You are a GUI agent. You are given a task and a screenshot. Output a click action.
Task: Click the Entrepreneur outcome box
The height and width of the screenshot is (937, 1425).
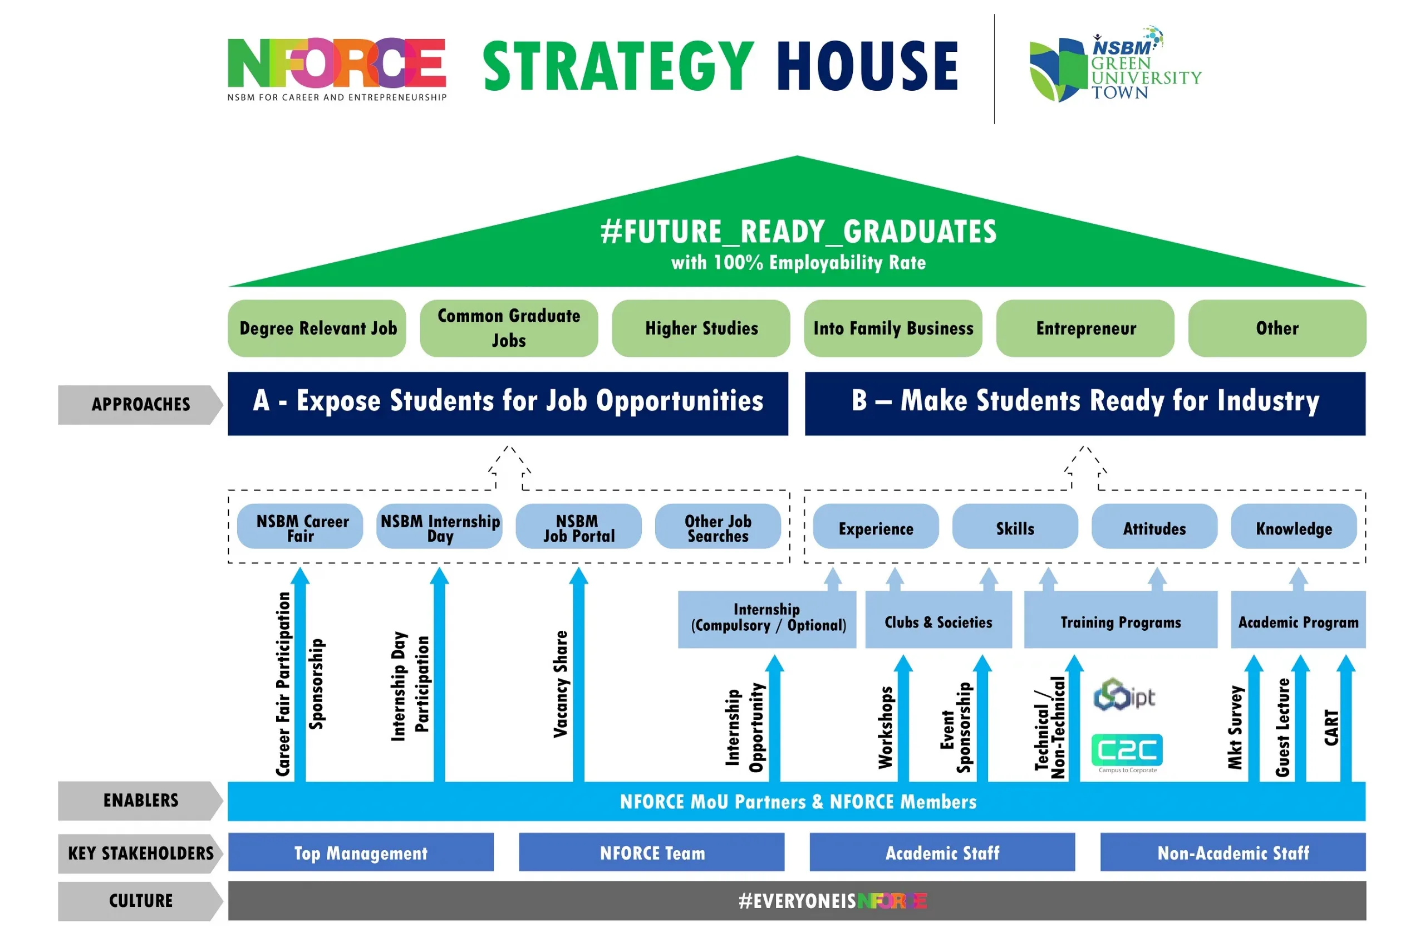[1085, 328]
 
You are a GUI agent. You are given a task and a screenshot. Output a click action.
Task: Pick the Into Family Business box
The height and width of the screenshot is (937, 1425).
[893, 328]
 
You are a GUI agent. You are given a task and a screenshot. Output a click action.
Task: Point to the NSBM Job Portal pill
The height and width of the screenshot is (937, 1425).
[578, 526]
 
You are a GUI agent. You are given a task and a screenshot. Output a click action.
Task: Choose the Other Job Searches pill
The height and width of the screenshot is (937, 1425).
[718, 526]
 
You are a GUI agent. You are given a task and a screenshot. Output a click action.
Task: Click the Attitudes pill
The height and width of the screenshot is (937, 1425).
[1154, 526]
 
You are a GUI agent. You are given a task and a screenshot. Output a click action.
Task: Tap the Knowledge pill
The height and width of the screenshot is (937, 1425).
[1293, 526]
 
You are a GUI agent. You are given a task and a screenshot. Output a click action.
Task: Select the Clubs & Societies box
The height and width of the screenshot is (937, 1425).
[938, 619]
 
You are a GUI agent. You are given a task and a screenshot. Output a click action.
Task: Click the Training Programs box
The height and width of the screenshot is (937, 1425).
[1121, 619]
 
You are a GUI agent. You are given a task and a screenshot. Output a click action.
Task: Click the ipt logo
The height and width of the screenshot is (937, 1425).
[1124, 694]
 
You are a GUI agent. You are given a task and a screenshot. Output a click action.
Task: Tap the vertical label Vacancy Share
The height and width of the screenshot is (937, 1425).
[561, 684]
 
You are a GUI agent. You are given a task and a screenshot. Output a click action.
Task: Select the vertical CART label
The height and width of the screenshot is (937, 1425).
[1331, 727]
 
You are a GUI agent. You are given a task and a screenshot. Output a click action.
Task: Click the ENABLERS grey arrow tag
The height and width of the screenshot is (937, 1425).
[141, 801]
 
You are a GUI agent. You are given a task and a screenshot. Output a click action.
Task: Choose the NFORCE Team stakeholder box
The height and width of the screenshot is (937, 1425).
[651, 851]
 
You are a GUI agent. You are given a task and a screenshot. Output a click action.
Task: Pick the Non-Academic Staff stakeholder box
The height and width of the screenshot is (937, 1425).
[1233, 851]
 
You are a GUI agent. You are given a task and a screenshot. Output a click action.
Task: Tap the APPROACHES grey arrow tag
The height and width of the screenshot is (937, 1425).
[141, 405]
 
